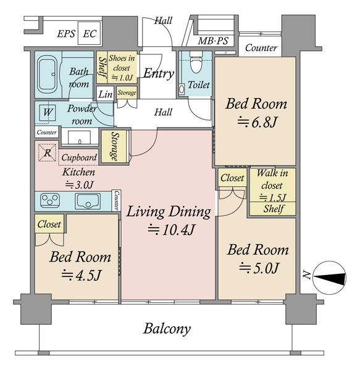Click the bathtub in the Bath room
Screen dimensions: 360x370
(48, 74)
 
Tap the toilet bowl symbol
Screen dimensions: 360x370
(196, 62)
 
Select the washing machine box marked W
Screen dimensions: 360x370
(48, 113)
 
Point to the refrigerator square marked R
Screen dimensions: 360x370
(48, 153)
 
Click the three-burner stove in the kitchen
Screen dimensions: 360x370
(50, 200)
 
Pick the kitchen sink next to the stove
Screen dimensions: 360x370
(88, 201)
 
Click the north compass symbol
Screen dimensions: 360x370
(329, 277)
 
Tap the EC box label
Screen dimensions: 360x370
(90, 34)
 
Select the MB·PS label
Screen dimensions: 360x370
(213, 41)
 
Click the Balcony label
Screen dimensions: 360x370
(167, 329)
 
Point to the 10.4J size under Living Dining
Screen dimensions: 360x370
(172, 229)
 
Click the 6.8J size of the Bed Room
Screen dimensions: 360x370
(257, 122)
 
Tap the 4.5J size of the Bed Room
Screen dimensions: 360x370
(82, 275)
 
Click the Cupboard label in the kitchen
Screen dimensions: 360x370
(79, 157)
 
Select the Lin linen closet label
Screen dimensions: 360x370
(105, 94)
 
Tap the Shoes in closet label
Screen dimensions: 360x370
(122, 63)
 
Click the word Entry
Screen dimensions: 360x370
(159, 73)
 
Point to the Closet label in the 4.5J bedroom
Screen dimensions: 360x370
(49, 224)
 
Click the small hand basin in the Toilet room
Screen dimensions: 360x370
(182, 89)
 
